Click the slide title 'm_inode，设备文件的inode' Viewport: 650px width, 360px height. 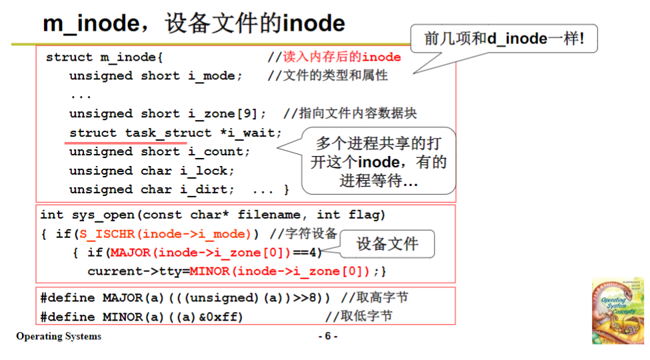point(194,24)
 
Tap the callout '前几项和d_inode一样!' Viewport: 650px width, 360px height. point(503,39)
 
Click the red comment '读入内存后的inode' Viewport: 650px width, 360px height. point(342,57)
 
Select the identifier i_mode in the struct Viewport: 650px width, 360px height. point(211,76)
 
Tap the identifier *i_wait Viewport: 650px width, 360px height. point(247,133)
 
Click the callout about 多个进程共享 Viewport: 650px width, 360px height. point(379,162)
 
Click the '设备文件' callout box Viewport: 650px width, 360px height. point(387,244)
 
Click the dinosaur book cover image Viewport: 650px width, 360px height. point(617,310)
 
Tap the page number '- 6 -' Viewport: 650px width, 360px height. point(327,337)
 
